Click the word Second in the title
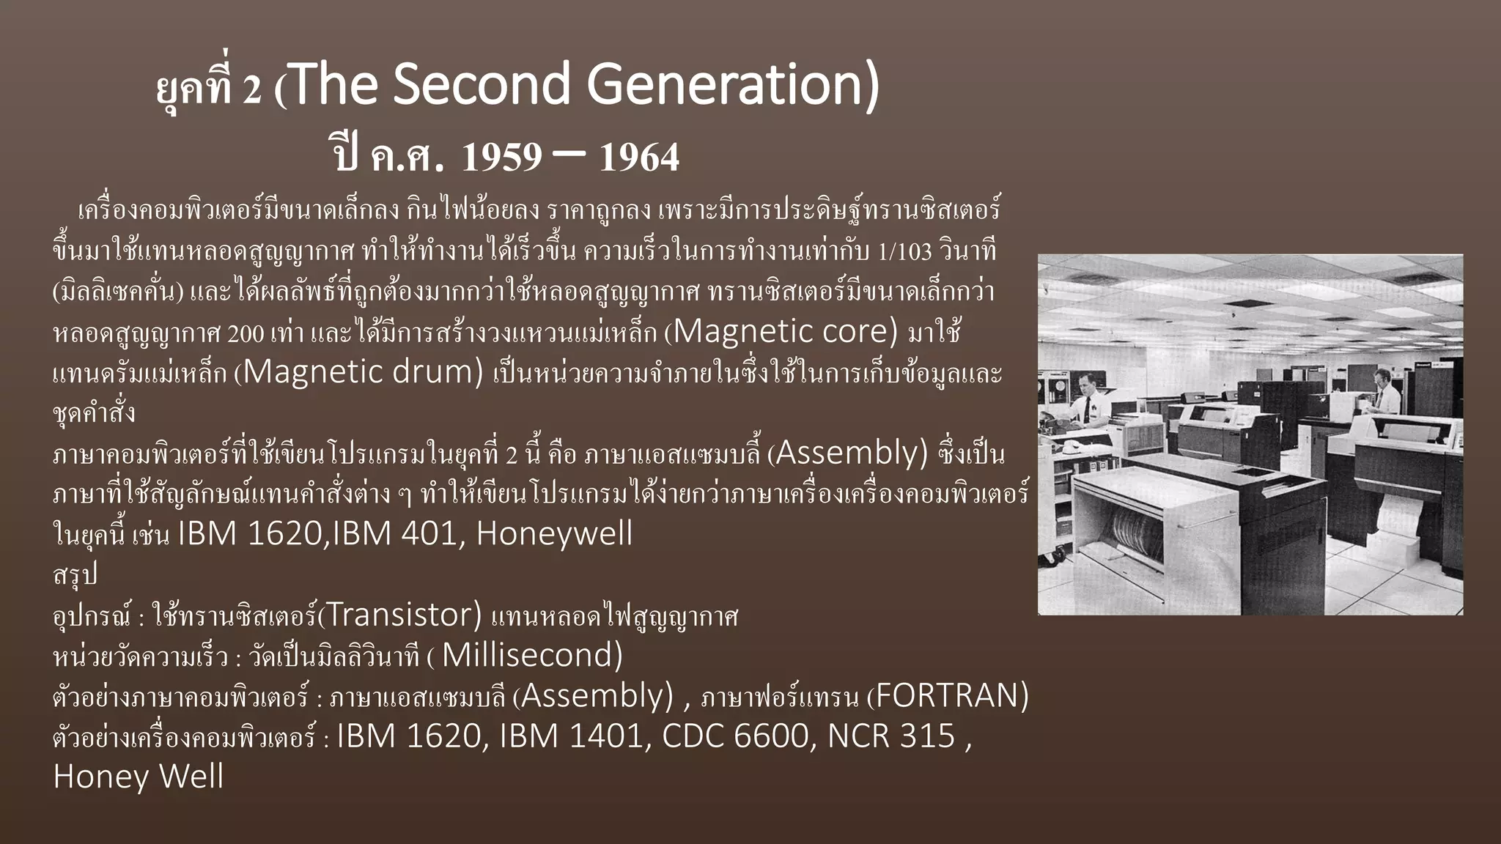point(484,85)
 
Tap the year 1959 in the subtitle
point(502,157)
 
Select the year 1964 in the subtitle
point(639,157)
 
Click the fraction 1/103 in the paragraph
point(904,253)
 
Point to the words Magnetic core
point(784,332)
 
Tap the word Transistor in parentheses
point(400,615)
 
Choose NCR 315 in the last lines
point(890,736)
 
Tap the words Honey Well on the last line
point(139,777)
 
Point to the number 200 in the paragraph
point(246,334)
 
